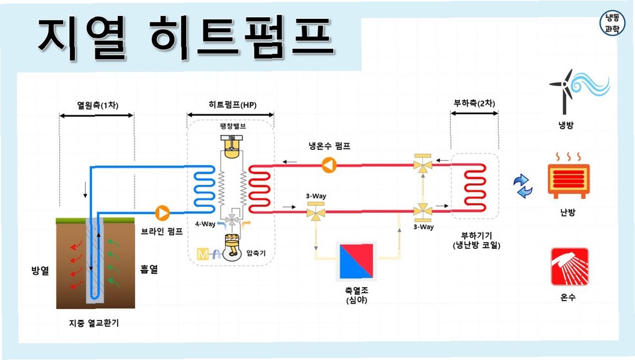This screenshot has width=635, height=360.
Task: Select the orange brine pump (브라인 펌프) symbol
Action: pyautogui.click(x=162, y=212)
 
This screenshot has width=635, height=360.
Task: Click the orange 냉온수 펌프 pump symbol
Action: pyautogui.click(x=328, y=165)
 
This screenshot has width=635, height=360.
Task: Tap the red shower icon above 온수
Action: pyautogui.click(x=570, y=267)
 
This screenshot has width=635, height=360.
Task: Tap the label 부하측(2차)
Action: pyautogui.click(x=474, y=104)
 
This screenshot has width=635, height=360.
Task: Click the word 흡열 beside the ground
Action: pyautogui.click(x=148, y=270)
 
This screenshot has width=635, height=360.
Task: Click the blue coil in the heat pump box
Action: pyautogui.click(x=203, y=187)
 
